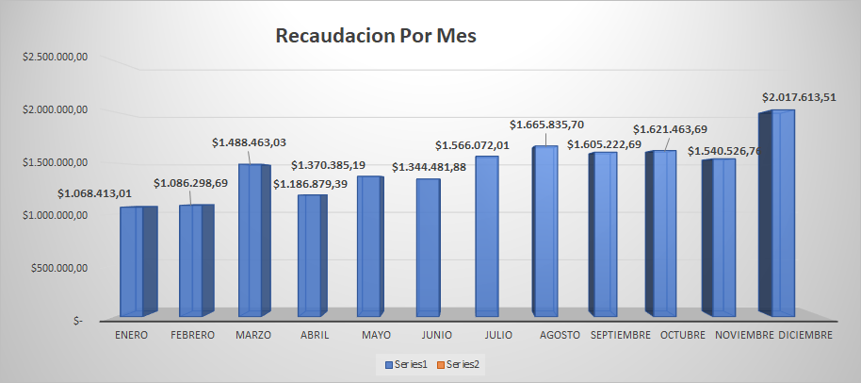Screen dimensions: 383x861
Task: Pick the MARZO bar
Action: pos(250,240)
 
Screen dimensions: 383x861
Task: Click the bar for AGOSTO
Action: pos(546,230)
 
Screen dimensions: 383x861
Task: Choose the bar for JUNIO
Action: pos(428,246)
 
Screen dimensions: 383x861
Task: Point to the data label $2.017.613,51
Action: pos(800,97)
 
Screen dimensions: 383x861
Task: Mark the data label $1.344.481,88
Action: pos(430,168)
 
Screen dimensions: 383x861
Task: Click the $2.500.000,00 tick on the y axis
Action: pos(56,57)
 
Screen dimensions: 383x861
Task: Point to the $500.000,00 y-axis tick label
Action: pos(60,268)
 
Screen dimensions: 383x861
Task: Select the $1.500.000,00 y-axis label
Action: pos(56,162)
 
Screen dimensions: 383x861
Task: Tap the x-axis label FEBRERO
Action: pos(192,335)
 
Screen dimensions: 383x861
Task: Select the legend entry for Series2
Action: pos(462,363)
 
